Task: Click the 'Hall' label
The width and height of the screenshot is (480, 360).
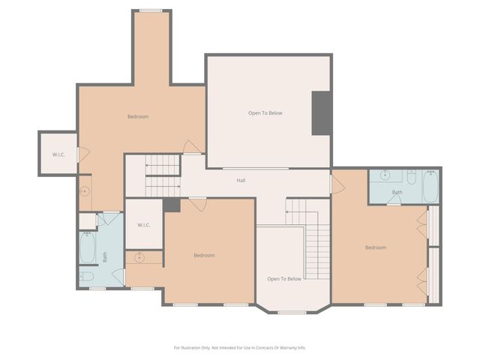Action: [x=241, y=180]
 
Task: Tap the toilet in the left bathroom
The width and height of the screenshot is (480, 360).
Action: [x=87, y=277]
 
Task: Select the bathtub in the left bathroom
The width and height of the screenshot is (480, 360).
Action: [x=87, y=247]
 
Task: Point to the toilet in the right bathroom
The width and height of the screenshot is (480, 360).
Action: [x=412, y=176]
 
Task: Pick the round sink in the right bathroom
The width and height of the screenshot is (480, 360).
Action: [x=385, y=177]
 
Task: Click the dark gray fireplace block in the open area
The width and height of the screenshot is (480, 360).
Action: [x=322, y=113]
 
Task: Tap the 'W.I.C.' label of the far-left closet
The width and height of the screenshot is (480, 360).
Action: [x=58, y=154]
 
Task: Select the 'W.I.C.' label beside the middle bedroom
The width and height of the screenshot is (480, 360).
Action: [x=144, y=225]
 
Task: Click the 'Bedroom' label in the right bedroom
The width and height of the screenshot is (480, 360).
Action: [x=376, y=247]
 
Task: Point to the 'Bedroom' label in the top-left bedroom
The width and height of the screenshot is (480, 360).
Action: [x=137, y=116]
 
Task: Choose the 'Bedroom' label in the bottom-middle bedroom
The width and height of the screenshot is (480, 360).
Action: [x=204, y=255]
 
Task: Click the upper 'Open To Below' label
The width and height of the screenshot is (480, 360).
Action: [x=265, y=112]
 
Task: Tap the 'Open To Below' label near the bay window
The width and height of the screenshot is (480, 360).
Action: [x=284, y=278]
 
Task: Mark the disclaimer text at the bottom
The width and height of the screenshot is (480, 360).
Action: [x=240, y=347]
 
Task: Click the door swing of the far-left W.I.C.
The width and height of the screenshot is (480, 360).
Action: [x=83, y=154]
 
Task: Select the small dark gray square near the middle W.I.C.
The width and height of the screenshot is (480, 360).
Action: [x=172, y=205]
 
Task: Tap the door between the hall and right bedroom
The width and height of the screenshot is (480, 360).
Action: [x=337, y=183]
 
